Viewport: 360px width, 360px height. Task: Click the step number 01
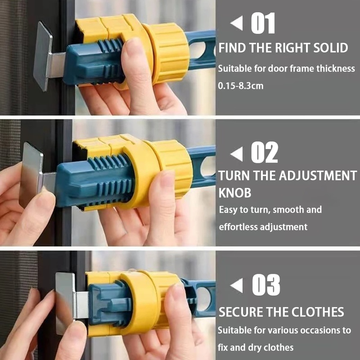263,23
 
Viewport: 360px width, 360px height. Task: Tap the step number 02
265,152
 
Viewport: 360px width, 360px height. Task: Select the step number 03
266,285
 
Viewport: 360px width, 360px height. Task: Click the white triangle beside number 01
237,23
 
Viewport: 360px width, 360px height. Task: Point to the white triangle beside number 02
237,154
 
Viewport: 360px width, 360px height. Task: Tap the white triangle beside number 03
237,285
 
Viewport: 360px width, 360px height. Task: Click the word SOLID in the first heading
331,48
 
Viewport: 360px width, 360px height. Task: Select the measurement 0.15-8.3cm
241,86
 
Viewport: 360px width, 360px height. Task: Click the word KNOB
234,193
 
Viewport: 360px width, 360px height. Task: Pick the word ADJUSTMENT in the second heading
318,175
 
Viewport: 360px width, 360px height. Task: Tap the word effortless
238,227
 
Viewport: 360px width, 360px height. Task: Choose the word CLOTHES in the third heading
318,312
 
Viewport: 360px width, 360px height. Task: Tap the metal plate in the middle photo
31,175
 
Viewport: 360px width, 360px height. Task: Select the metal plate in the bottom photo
65,303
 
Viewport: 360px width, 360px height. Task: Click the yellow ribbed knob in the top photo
167,53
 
